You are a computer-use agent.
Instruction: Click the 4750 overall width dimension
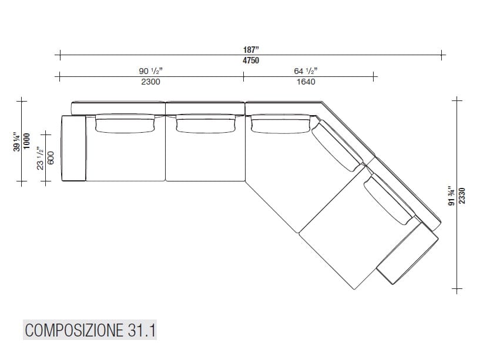point(250,60)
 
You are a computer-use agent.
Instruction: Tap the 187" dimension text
point(250,51)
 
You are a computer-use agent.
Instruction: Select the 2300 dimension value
point(151,82)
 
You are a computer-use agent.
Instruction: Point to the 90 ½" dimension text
point(151,71)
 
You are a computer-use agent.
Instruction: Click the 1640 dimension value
point(306,82)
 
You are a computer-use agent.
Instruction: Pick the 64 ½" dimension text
point(306,71)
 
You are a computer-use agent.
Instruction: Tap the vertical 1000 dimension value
point(26,142)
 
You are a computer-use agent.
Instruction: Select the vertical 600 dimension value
point(51,157)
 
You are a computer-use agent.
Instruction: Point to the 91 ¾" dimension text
point(451,194)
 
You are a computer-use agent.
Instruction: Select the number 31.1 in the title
point(140,329)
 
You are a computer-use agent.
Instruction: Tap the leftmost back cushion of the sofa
point(125,123)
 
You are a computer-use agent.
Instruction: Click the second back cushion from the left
point(206,123)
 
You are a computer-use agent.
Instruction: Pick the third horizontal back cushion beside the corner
point(280,123)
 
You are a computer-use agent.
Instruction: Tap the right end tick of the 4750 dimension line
point(441,56)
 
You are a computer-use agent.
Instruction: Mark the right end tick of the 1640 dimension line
point(374,76)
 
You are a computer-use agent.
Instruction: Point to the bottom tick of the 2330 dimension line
point(456,289)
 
